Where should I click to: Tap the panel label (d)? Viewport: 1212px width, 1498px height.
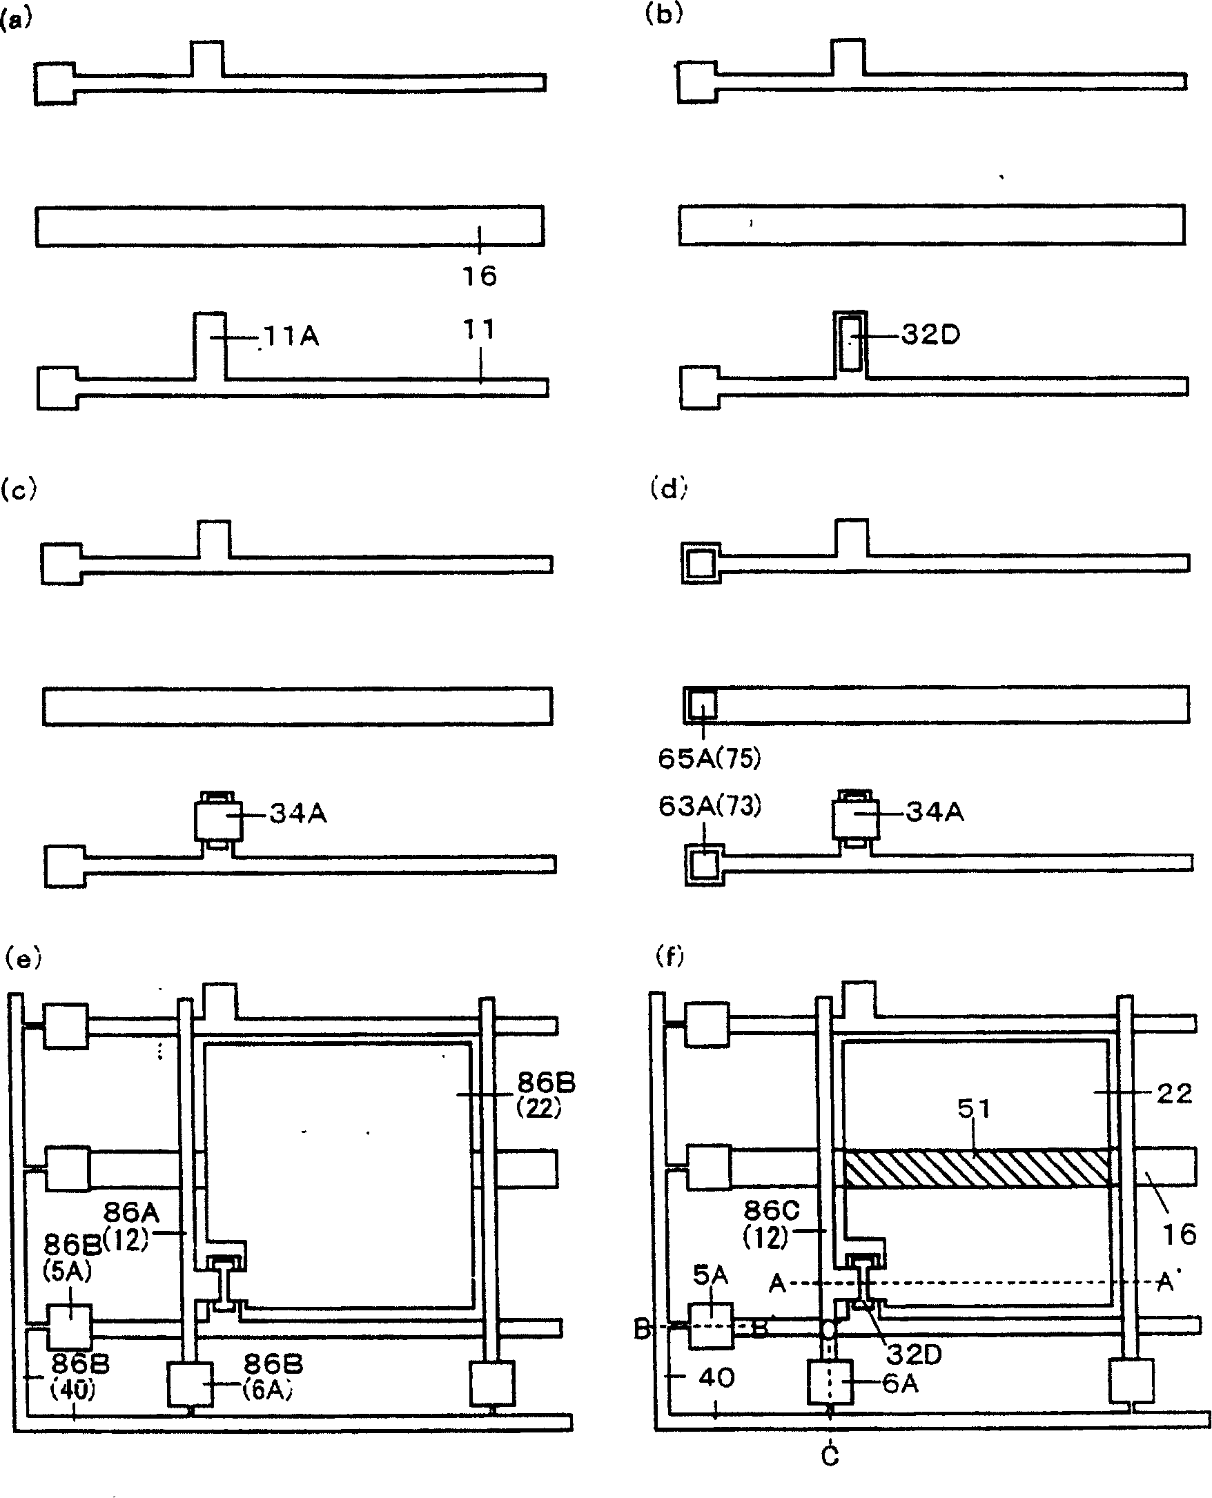coord(668,489)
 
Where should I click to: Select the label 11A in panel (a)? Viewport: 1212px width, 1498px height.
coord(291,337)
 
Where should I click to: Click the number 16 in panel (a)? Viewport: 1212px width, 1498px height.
coord(480,277)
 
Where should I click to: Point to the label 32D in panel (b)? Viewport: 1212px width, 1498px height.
coord(930,335)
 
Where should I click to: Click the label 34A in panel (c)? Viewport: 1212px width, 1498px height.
coord(298,814)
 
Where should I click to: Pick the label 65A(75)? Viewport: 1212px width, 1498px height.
coord(710,758)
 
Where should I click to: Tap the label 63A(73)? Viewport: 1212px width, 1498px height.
coord(710,806)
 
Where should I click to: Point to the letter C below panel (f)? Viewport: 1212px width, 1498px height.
coord(830,1455)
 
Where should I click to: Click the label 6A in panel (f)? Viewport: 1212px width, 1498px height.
coord(900,1383)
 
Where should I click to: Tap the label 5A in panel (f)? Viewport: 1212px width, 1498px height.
coord(710,1275)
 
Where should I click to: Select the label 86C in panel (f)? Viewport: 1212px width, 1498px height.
coord(771,1210)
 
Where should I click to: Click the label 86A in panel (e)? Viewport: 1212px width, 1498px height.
coord(130,1213)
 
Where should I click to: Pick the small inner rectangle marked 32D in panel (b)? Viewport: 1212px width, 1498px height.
coord(850,343)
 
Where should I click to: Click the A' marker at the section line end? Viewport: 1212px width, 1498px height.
coord(1165,1281)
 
